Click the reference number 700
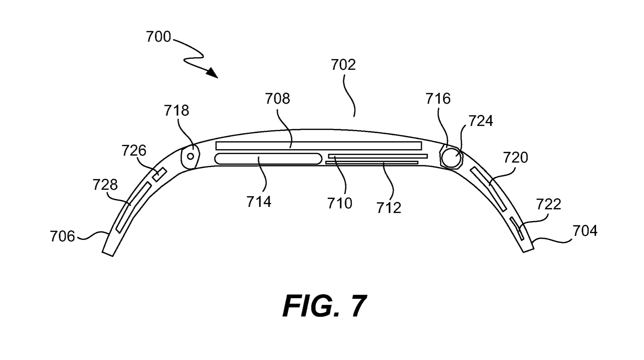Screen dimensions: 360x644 tap(158, 37)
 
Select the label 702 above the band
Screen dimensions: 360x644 tap(343, 65)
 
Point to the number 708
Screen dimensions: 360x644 tap(277, 98)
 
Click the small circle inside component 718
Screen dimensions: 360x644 tap(191, 156)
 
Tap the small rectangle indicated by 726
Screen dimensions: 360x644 tap(159, 174)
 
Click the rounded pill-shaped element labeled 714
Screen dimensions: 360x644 tap(268, 159)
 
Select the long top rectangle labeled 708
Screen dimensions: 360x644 tap(318, 146)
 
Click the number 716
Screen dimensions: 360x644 tap(438, 98)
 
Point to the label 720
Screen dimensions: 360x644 tap(515, 157)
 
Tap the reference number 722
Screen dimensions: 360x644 tap(548, 204)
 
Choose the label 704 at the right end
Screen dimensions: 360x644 tap(585, 231)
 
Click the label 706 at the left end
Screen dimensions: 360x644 tap(62, 237)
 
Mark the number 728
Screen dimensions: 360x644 tap(105, 185)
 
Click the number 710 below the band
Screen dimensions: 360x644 tap(340, 203)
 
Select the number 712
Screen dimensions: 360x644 tap(389, 208)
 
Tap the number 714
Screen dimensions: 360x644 tap(259, 202)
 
